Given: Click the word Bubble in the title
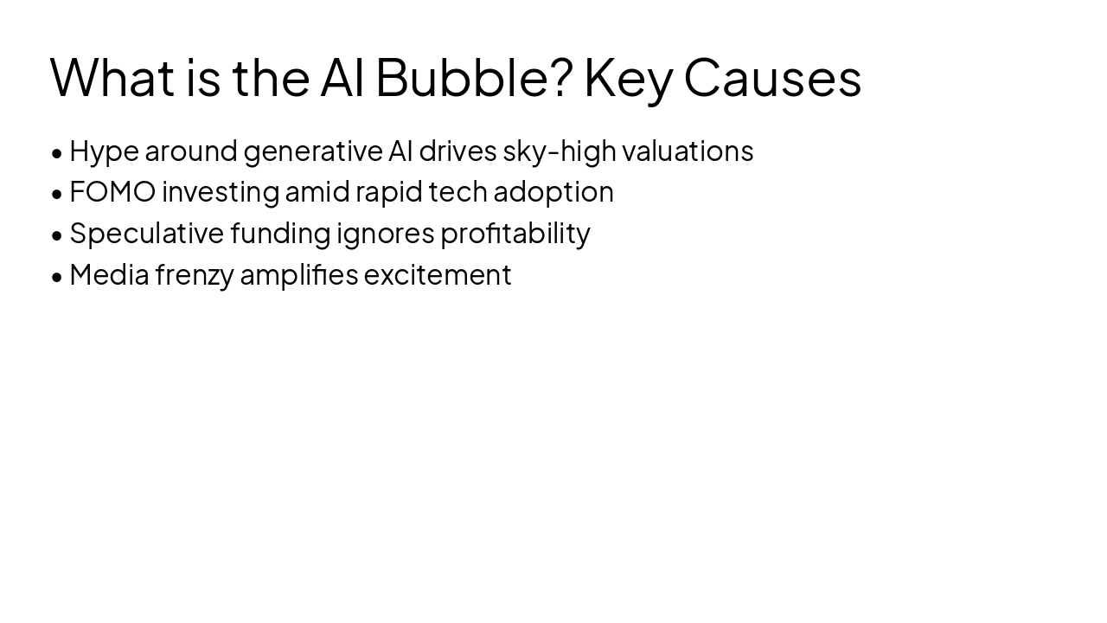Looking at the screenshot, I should [x=473, y=77].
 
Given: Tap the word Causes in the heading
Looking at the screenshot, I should [x=772, y=77].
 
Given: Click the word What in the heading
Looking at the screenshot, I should [x=112, y=77].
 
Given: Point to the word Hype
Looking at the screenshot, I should [x=104, y=151].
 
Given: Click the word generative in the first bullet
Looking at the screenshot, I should [x=312, y=151].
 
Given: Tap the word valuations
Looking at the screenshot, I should [x=688, y=151].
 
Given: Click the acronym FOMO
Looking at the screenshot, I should [x=112, y=192].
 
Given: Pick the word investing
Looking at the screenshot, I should [x=221, y=192].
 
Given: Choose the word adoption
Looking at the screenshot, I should [x=553, y=192].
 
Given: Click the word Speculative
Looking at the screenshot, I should [x=146, y=234].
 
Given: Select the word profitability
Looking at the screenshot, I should [x=515, y=234].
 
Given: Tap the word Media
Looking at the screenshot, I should [x=109, y=275].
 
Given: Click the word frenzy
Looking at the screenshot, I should [x=195, y=275].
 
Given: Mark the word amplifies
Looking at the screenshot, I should [x=298, y=275].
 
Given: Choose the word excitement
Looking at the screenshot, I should [x=438, y=275].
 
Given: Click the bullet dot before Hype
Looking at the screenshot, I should [x=57, y=153].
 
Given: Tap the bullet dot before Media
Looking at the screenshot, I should [x=57, y=277].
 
